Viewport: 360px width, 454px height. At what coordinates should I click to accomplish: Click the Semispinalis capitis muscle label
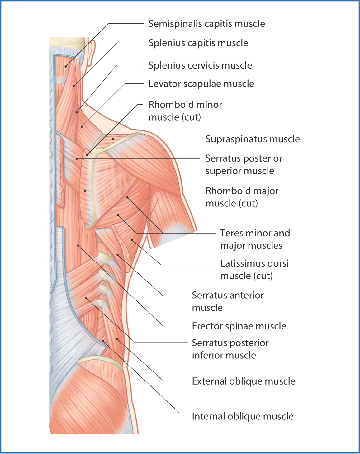pos(206,24)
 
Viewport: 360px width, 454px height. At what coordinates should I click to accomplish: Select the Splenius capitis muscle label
pos(198,43)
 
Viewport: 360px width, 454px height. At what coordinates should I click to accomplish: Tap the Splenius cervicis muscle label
pos(200,65)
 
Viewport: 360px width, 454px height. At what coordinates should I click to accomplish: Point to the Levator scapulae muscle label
pos(201,84)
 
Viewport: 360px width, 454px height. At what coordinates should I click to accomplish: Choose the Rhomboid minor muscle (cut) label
pos(185,111)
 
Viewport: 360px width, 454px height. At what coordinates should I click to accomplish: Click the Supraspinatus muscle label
pos(252,139)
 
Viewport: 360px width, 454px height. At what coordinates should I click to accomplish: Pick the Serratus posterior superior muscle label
pos(244,164)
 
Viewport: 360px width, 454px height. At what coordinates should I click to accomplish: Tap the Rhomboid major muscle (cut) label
pos(242,197)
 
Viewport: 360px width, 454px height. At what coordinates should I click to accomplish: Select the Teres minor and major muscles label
pos(255,239)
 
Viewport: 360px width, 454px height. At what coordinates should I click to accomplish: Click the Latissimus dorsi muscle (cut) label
pos(254,269)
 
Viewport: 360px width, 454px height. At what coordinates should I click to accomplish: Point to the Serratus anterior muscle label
pos(227,301)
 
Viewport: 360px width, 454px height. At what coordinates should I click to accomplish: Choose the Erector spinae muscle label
pos(239,326)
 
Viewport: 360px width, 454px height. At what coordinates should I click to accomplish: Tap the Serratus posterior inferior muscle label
pos(230,349)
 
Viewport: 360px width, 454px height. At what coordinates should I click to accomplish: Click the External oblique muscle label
pos(243,381)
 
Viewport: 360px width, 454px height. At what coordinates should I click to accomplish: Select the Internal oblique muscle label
pos(242,416)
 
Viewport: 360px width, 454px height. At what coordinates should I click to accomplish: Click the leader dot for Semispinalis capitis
pos(65,66)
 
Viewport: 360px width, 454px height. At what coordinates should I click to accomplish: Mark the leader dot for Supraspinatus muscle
pos(113,139)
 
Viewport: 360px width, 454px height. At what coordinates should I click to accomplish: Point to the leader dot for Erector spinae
pos(78,246)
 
